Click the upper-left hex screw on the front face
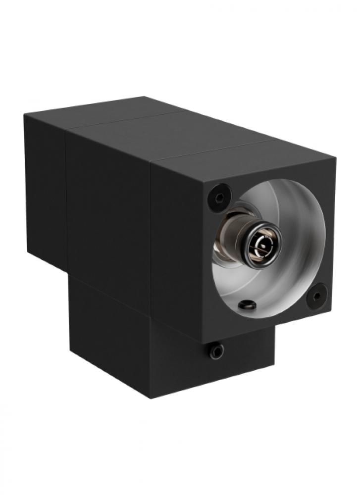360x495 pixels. click(x=219, y=197)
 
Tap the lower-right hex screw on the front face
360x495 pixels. click(x=316, y=296)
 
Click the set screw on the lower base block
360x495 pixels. click(x=216, y=351)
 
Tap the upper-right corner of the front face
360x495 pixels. click(x=335, y=160)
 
